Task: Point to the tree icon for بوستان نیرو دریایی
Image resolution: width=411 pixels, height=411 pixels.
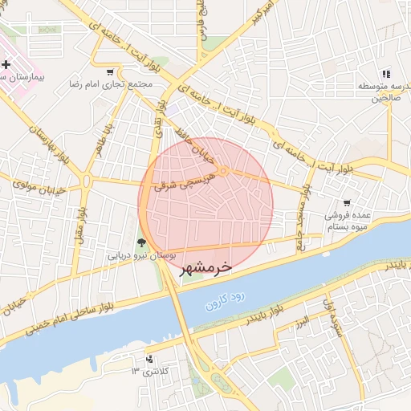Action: pos(141,242)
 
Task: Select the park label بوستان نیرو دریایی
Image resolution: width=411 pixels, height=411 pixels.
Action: pos(140,255)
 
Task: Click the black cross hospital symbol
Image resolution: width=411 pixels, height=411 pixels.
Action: pos(6,64)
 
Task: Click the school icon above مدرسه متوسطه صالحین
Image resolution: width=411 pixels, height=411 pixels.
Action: pos(386,74)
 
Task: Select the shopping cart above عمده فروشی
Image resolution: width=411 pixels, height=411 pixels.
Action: pos(346,203)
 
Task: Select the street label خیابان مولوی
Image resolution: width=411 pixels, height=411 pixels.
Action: pos(38,185)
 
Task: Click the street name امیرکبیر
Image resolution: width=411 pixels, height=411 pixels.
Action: pos(264,13)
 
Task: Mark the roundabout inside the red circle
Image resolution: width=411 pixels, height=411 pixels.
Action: pos(224,170)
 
